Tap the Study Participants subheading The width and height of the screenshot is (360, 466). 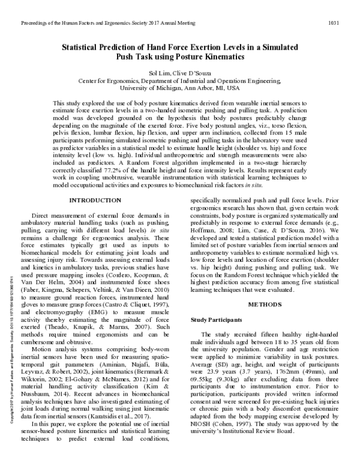coord(218,319)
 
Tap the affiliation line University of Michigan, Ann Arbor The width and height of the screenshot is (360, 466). coord(180,88)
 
